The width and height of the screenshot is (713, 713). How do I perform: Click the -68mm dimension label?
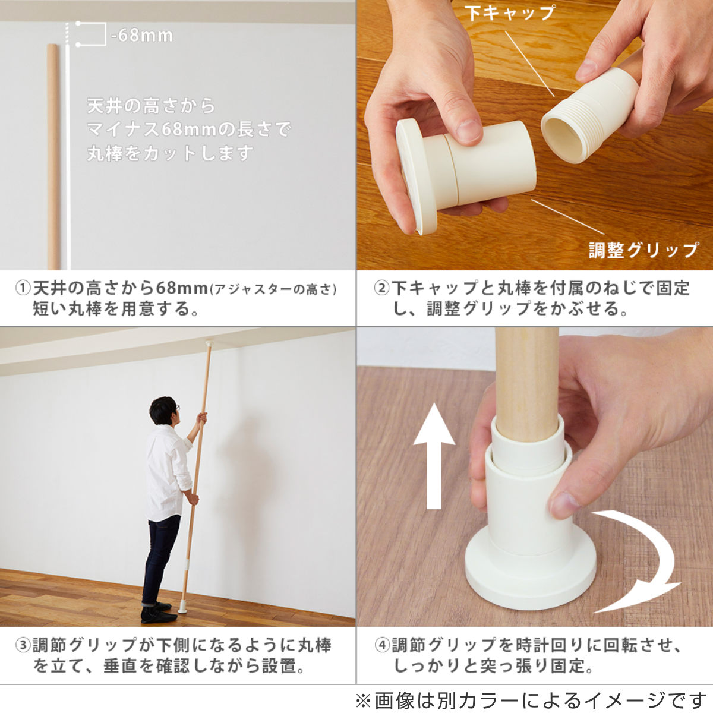coord(142,36)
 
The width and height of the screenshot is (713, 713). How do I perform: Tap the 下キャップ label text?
coord(509,13)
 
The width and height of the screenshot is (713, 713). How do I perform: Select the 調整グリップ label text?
coord(643,250)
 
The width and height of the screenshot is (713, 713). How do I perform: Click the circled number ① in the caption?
coord(23,289)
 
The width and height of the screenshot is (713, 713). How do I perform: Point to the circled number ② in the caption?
coord(381,289)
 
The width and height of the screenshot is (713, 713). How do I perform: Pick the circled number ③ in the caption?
coord(23,645)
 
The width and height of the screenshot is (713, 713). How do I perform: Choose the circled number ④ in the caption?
coord(382,645)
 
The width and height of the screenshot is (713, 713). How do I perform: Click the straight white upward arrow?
coord(434,457)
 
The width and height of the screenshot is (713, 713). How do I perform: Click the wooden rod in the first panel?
coord(53,157)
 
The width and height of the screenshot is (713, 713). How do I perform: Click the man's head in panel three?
coord(163,411)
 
